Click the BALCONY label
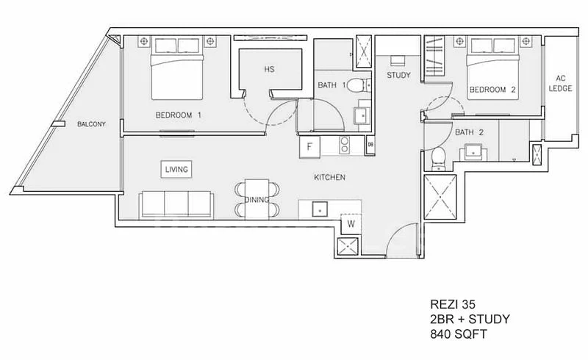point(91,124)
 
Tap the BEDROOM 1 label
point(179,115)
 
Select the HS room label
point(269,69)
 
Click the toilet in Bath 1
point(357,85)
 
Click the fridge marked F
point(309,147)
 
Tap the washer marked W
point(351,224)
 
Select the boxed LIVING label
point(176,169)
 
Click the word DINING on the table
point(257,200)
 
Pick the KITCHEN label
point(329,177)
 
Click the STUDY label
point(398,75)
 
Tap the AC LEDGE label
point(560,83)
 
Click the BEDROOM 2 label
point(492,90)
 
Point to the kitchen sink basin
point(320,209)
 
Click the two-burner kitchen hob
point(344,145)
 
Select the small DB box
point(370,145)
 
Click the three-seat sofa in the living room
point(176,205)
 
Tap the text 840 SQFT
point(458,334)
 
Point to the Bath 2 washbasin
point(474,151)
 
